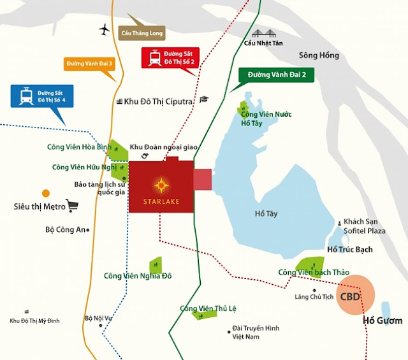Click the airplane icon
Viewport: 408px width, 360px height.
pyautogui.click(x=105, y=29)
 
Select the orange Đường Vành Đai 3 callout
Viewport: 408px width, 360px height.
pyautogui.click(x=89, y=64)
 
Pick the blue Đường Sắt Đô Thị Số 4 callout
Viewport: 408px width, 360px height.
pyautogui.click(x=38, y=97)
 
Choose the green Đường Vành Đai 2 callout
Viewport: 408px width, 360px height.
pyautogui.click(x=273, y=75)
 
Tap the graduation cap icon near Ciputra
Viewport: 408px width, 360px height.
pyautogui.click(x=203, y=99)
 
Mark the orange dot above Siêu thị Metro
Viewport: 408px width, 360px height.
pyautogui.click(x=46, y=192)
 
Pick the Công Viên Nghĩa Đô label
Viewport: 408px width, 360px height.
pyautogui.click(x=138, y=276)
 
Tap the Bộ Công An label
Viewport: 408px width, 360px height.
pyautogui.click(x=65, y=229)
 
